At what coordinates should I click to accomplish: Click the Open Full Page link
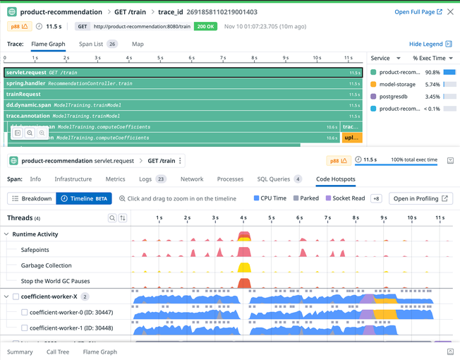coord(418,12)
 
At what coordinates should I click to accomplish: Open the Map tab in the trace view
coord(138,44)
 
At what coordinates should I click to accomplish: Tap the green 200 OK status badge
coord(206,26)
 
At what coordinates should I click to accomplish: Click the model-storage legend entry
coord(397,84)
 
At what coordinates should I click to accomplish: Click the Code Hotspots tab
coord(336,179)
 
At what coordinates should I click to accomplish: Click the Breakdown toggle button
coord(31,199)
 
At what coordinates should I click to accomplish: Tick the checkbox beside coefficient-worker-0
coord(25,312)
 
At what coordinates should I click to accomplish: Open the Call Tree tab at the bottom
coord(58,352)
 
